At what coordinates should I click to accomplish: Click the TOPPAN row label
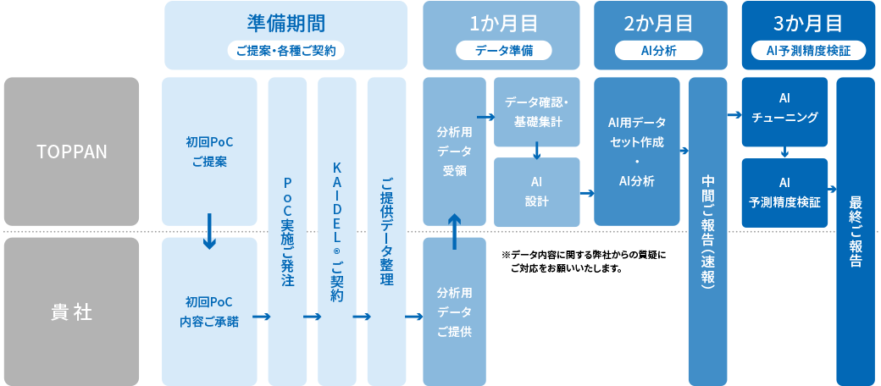click(x=71, y=152)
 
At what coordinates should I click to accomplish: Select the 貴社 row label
click(x=71, y=311)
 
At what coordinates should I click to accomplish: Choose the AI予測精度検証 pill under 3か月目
click(x=808, y=51)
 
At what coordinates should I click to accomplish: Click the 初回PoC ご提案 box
click(x=209, y=152)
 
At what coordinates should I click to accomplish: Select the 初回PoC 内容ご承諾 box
click(x=209, y=311)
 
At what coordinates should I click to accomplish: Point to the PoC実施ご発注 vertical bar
click(x=286, y=230)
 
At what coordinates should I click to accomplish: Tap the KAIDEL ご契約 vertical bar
click(x=335, y=230)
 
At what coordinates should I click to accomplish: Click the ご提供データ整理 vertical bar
click(x=385, y=230)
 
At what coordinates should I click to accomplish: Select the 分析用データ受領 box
click(x=454, y=152)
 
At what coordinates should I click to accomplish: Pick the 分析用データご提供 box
click(x=454, y=311)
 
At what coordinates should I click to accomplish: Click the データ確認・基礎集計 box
click(x=536, y=112)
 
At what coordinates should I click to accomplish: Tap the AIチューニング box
click(x=784, y=112)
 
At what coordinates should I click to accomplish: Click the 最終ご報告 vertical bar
click(x=856, y=230)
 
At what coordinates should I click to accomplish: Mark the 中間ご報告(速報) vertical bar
click(x=707, y=230)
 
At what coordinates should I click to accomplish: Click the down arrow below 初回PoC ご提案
click(x=209, y=234)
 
